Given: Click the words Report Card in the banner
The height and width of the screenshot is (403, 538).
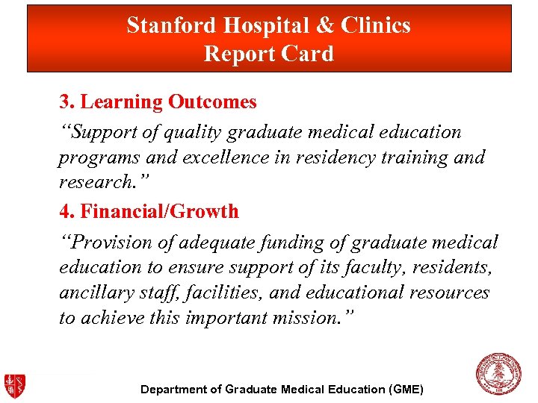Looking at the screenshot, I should [268, 54].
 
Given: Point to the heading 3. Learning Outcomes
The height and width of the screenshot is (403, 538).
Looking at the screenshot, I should [158, 101].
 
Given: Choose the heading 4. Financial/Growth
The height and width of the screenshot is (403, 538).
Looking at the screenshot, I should [149, 211].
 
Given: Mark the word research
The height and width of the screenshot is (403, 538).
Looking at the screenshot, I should [93, 183].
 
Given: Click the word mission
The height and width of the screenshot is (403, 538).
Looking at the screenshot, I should [299, 318].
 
